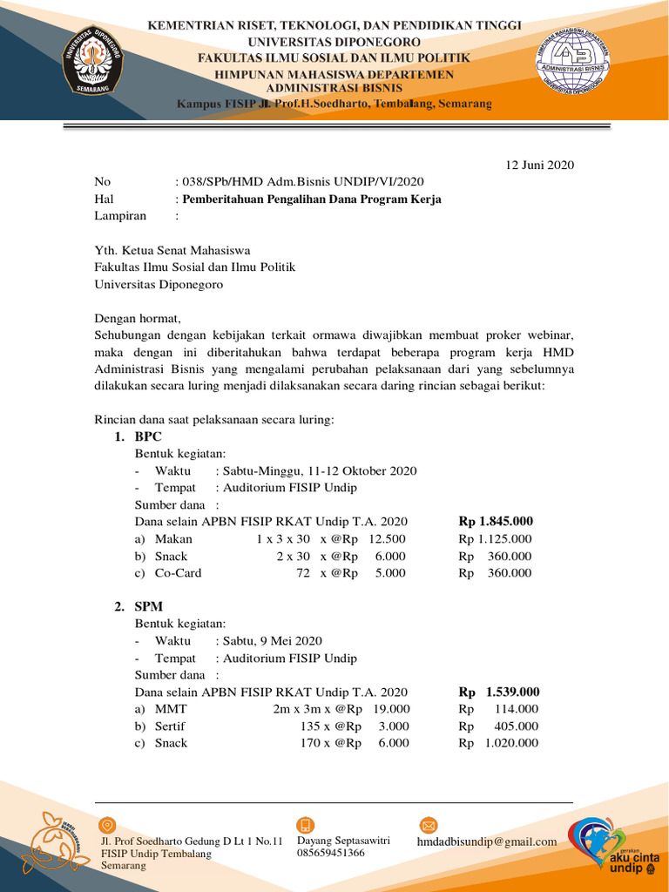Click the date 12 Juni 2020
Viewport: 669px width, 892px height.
(x=540, y=166)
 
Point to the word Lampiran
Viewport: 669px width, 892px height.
(x=120, y=216)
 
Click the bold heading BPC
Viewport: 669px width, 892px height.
(x=148, y=436)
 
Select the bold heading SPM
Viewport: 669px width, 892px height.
(x=148, y=606)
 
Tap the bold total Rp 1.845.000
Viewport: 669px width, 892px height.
(x=496, y=522)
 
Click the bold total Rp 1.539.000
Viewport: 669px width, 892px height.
(x=499, y=693)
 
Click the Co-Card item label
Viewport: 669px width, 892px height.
(x=178, y=573)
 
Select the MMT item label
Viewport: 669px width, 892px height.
(x=170, y=709)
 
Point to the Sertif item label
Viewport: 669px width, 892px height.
(x=170, y=726)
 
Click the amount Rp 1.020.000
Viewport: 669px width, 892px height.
(x=499, y=743)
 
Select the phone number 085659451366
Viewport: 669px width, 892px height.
(x=331, y=853)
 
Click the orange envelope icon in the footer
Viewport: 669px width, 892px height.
(x=428, y=825)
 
